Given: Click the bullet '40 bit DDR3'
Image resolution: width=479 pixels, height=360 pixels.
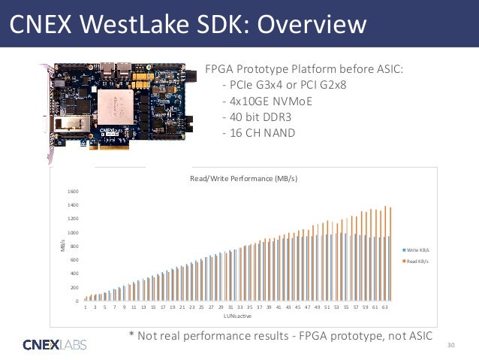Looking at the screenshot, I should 255,118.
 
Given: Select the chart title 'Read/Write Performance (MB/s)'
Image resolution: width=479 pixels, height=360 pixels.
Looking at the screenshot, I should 243,179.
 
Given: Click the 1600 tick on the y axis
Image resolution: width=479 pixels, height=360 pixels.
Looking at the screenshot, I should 73,191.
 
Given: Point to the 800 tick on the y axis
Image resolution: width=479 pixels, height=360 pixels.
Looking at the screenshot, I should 74,247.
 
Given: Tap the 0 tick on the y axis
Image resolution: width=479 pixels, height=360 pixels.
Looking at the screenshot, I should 77,301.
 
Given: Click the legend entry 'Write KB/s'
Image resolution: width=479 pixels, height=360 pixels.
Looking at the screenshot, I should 418,249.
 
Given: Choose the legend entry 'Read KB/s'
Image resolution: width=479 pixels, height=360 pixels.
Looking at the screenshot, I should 417,260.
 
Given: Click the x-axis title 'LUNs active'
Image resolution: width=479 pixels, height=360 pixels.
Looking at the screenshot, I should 237,316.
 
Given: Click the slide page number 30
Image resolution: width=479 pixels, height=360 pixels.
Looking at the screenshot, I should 450,345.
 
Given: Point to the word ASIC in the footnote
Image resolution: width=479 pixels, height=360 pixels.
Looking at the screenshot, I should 417,335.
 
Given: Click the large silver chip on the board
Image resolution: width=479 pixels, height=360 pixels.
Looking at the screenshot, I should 127,104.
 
